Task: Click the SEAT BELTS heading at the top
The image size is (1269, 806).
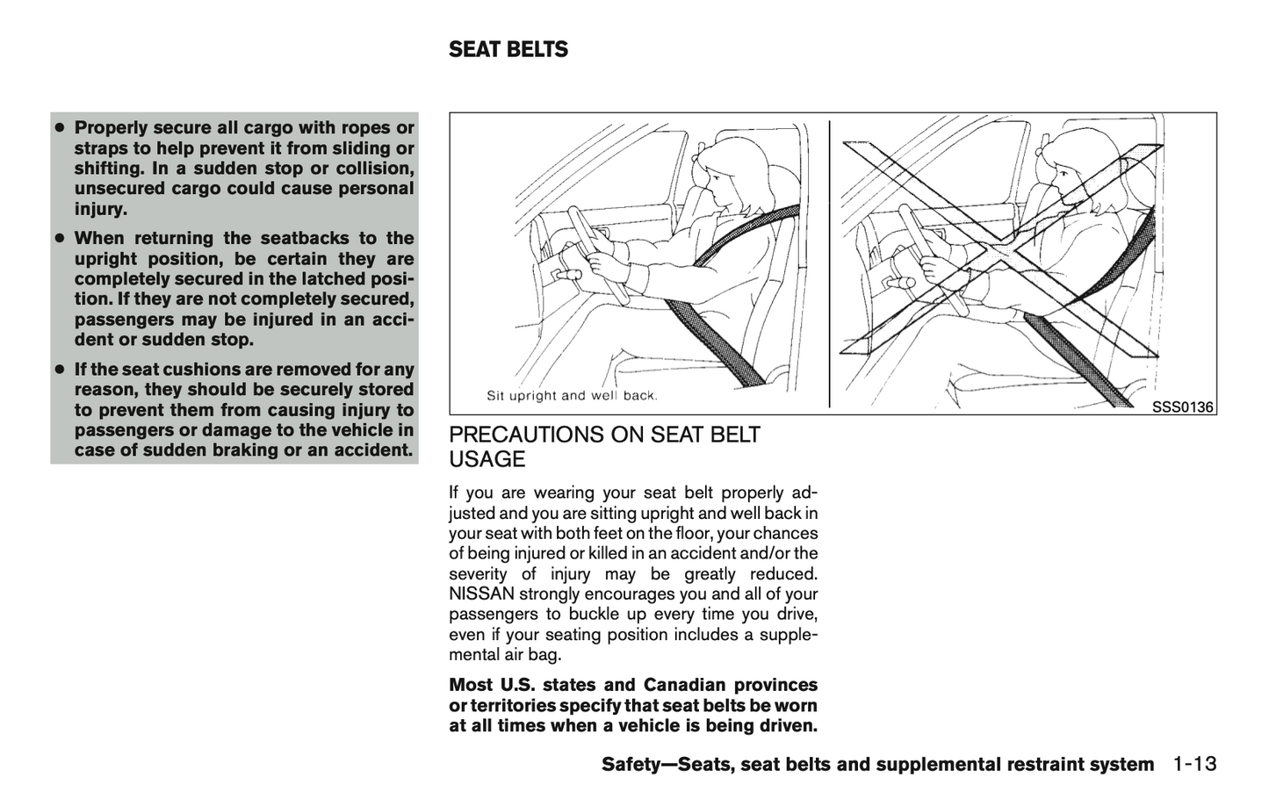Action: [508, 50]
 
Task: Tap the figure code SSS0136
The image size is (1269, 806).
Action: [1182, 407]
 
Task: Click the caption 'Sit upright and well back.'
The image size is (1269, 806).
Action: [572, 396]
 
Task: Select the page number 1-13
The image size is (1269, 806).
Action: [1193, 763]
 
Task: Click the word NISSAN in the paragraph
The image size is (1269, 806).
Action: [481, 594]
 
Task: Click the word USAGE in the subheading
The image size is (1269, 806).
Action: [487, 459]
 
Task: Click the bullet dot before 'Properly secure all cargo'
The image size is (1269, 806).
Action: [60, 128]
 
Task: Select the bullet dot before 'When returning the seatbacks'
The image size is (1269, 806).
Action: [60, 239]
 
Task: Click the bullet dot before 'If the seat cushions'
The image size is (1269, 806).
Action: [60, 370]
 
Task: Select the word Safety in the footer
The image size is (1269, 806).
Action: [631, 765]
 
